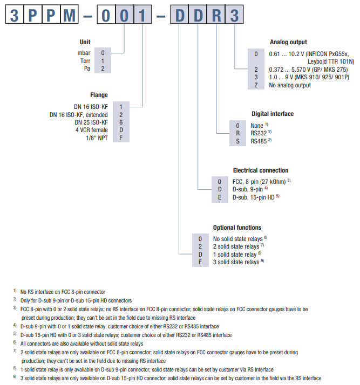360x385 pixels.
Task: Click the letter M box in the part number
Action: (69, 15)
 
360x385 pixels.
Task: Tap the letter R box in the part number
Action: (216, 15)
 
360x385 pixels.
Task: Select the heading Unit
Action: (85, 42)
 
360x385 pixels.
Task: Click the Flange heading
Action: (99, 95)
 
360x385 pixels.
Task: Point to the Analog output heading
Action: (288, 42)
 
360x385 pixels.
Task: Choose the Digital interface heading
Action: (273, 114)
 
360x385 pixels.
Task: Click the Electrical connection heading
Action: (261, 170)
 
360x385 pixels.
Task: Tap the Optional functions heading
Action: (237, 228)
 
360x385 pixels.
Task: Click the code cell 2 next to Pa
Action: (103, 68)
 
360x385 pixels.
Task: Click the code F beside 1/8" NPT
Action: (121, 137)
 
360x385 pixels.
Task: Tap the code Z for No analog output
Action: (256, 85)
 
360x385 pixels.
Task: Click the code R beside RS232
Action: (237, 133)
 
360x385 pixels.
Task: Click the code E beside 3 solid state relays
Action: (200, 262)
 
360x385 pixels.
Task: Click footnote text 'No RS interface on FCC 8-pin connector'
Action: (63, 292)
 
